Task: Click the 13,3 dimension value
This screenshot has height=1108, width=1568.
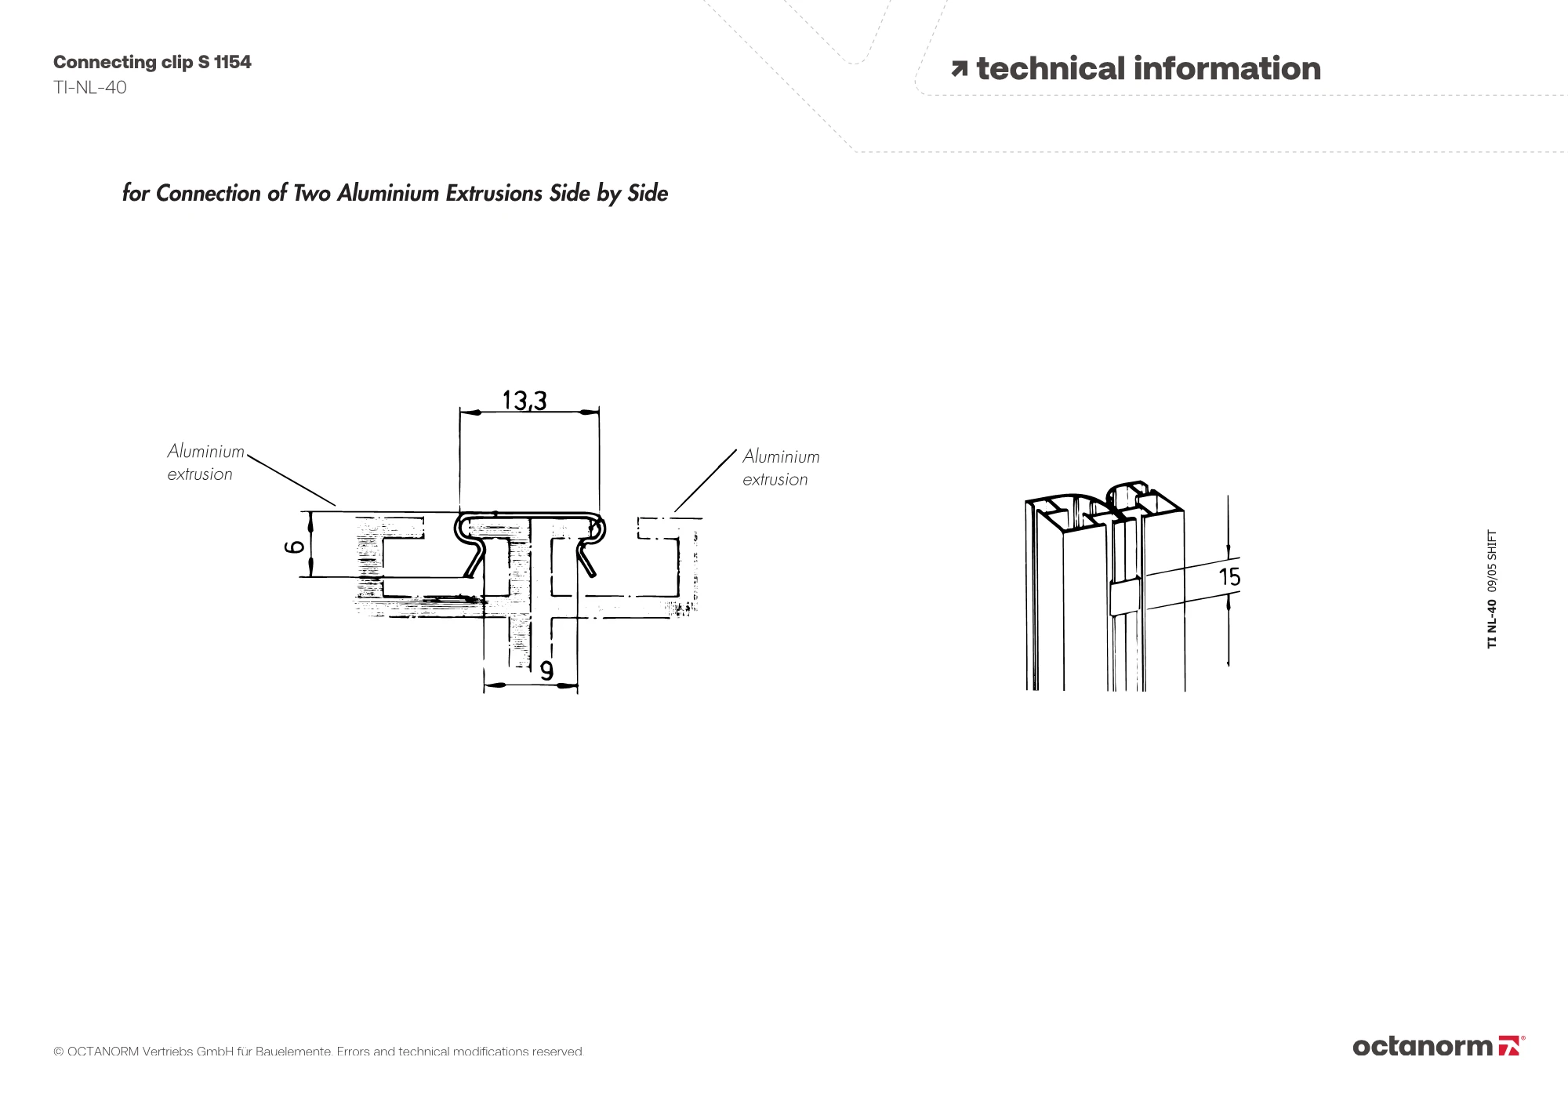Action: [x=524, y=401]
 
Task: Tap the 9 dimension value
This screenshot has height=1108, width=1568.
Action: [x=546, y=670]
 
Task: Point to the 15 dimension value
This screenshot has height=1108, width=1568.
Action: [x=1229, y=577]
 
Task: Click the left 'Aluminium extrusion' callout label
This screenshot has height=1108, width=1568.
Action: [x=205, y=463]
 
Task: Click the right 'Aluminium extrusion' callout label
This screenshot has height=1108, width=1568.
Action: [x=781, y=467]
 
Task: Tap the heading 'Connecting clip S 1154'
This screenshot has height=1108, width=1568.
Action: [x=152, y=62]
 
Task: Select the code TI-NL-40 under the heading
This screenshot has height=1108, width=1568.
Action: [x=90, y=87]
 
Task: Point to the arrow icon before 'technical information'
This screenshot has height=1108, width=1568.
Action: [x=959, y=70]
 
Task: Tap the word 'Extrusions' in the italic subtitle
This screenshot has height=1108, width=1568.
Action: [x=495, y=193]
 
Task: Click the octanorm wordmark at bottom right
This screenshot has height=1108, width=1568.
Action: [x=1422, y=1046]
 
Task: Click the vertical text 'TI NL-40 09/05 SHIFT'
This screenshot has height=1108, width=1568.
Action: [x=1492, y=589]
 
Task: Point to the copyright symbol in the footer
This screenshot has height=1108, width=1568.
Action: [x=58, y=1052]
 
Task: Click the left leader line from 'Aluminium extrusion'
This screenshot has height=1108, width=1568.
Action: [x=291, y=479]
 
